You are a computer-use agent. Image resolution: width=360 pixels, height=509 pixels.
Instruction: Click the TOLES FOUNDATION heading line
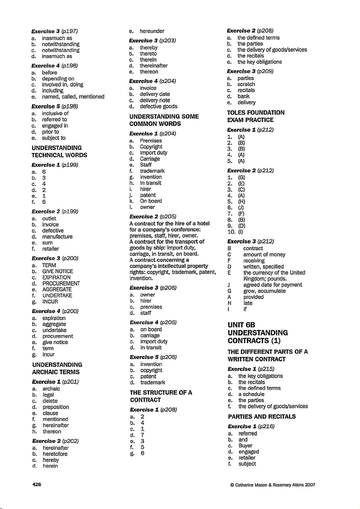click(256, 112)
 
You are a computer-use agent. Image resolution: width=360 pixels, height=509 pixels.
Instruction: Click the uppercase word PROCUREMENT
click(61, 283)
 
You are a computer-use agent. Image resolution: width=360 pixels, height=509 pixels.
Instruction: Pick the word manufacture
click(57, 236)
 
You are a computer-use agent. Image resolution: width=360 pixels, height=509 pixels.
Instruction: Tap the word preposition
click(56, 407)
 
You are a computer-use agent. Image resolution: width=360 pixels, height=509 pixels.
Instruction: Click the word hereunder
click(152, 31)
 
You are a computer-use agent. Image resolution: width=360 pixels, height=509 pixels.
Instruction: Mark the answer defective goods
click(158, 106)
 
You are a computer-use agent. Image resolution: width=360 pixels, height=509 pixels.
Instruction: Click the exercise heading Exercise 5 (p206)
click(147, 356)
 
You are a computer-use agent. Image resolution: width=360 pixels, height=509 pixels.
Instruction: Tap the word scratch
click(246, 85)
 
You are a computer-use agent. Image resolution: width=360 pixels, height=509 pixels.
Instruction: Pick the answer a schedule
click(252, 394)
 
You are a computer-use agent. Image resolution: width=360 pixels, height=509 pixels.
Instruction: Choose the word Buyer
click(246, 446)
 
